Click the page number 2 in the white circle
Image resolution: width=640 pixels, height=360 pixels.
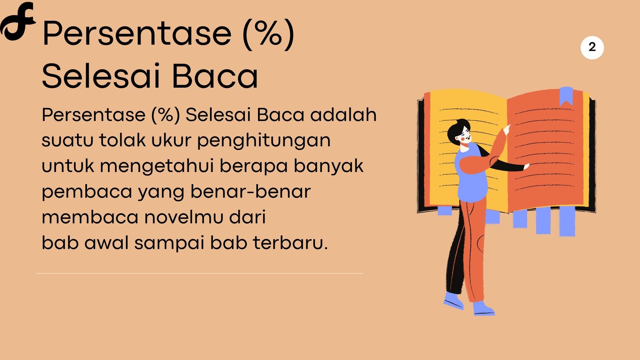point(592,47)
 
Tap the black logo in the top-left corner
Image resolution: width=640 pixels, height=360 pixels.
point(17,21)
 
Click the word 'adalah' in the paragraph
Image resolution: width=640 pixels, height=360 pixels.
point(343,115)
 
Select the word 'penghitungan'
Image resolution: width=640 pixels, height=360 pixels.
point(264,141)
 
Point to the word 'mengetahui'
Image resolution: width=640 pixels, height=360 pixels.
point(157,166)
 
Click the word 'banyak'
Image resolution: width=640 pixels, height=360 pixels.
point(328,166)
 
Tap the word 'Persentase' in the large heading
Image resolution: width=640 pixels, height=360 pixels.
point(137,33)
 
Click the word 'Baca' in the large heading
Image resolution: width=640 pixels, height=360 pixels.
point(215,76)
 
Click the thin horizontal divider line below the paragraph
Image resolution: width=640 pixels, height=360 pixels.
point(199,273)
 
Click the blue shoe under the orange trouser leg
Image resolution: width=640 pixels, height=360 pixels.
point(483,308)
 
